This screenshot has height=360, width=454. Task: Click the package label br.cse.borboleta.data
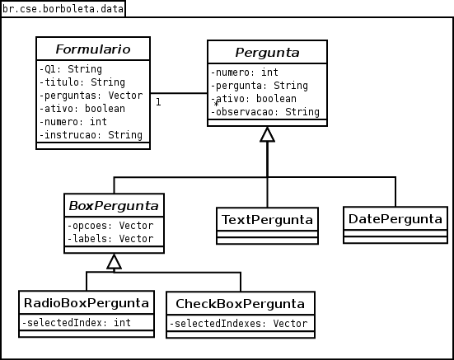coord(63,9)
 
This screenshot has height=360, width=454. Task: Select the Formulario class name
coord(93,49)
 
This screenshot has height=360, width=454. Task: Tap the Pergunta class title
coord(267,53)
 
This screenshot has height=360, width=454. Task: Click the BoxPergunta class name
coord(114,206)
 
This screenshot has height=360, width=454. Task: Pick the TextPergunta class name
coord(267,220)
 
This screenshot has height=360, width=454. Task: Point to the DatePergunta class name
coord(395,219)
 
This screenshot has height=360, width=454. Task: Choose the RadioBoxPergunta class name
coord(87,303)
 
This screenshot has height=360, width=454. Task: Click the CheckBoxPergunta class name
coord(241,304)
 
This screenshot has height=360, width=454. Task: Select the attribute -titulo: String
coord(82,82)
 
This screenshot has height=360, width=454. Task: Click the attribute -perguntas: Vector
coord(91,96)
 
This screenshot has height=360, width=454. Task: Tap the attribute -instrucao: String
coord(91,135)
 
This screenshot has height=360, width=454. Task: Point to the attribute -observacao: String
coord(265,112)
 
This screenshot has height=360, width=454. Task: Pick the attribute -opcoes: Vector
coord(110,226)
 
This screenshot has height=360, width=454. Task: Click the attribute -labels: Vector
coord(110,238)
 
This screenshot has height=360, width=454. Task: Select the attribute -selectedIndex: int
coord(76,322)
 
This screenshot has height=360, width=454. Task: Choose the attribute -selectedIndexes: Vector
coord(238,323)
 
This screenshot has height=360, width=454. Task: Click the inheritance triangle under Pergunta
coord(267,134)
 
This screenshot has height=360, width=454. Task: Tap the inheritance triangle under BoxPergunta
coord(114,262)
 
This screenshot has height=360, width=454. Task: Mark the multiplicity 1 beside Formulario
coord(158,102)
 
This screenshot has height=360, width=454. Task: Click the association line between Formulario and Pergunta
coord(179,93)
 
